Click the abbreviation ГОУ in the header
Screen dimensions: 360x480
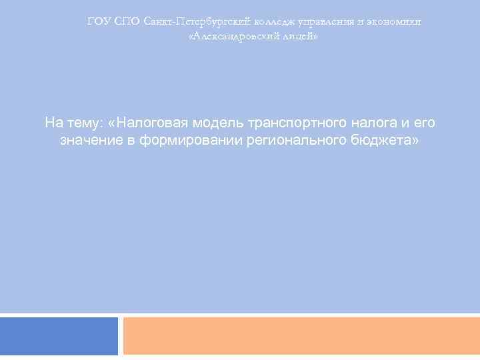99,21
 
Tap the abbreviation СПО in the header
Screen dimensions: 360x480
127,21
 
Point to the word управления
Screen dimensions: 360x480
313,21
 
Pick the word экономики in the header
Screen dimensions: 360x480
392,21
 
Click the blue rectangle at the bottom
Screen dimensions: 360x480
59,336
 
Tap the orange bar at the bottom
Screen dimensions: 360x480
301,336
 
